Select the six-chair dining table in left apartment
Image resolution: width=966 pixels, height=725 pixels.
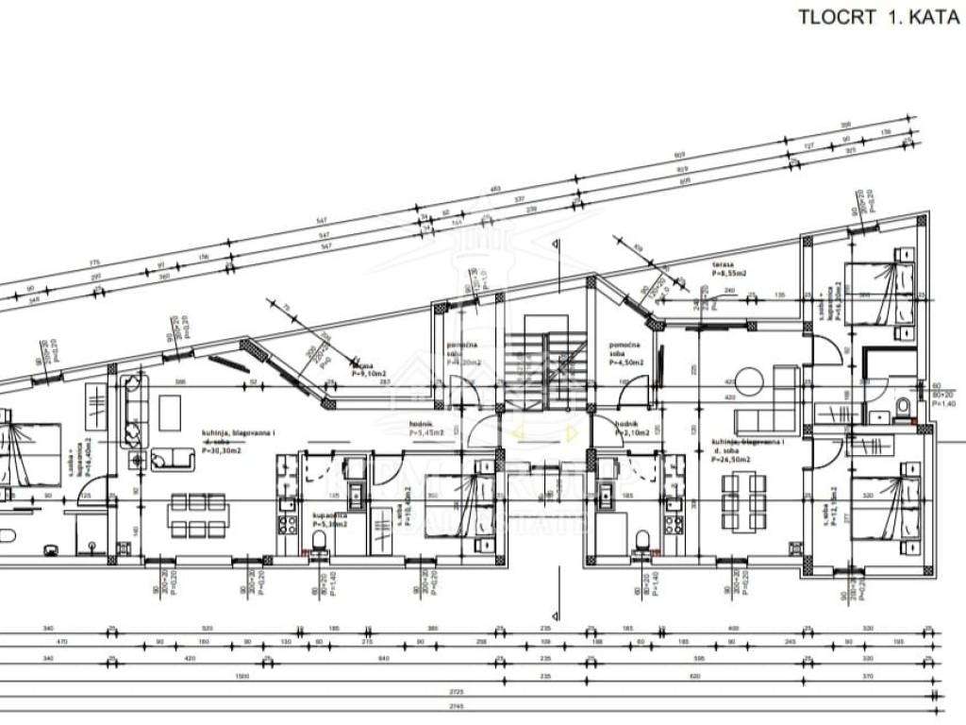coord(198,514)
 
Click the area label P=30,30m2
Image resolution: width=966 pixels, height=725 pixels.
coord(223,450)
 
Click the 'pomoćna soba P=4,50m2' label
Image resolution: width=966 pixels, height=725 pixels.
coord(626,354)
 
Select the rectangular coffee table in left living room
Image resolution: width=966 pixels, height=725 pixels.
coord(170,411)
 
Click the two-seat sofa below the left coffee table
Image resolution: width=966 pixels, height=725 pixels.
coord(170,459)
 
